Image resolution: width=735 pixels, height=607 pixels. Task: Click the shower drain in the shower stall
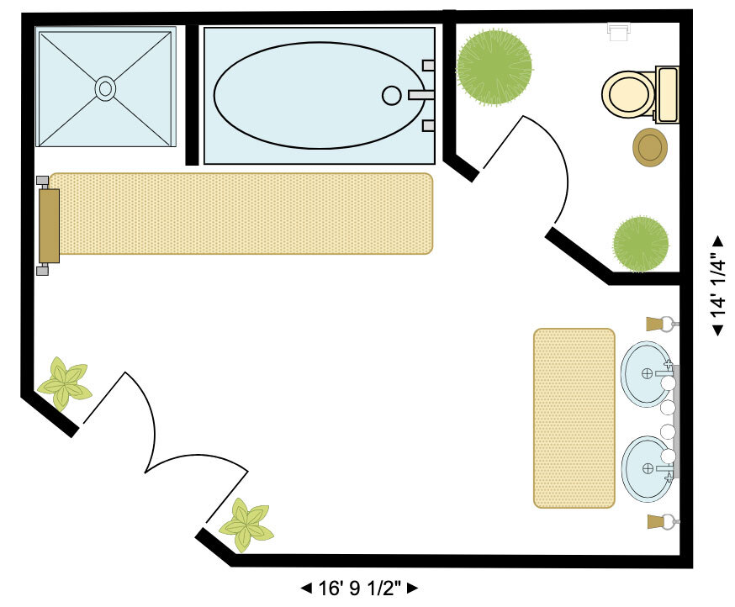click(105, 88)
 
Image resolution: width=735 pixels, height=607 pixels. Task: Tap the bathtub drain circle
click(391, 95)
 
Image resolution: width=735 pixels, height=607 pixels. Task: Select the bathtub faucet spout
click(419, 95)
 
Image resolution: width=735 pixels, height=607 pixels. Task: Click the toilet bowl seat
click(627, 94)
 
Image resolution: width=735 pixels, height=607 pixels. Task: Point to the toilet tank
click(666, 94)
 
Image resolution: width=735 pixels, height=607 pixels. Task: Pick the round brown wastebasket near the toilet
click(650, 148)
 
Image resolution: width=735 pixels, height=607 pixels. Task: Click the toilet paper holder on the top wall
click(619, 32)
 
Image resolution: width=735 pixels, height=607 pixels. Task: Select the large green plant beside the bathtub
click(494, 65)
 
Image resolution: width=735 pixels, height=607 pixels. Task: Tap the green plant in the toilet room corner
click(641, 244)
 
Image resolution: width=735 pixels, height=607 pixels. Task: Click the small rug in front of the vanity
click(574, 418)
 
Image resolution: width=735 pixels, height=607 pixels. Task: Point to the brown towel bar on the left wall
click(49, 225)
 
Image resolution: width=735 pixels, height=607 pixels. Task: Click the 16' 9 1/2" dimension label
click(359, 588)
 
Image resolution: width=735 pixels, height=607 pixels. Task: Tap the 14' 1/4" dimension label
click(717, 284)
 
